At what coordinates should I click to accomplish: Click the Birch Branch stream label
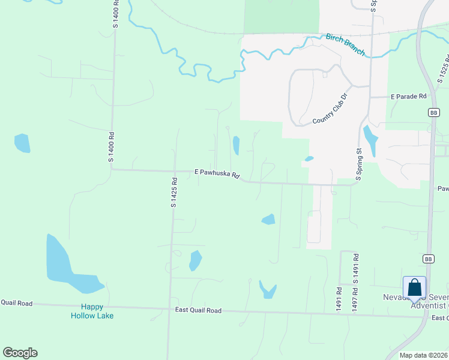click(345, 45)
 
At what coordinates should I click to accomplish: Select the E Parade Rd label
click(408, 96)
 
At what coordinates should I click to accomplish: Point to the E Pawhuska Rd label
click(217, 173)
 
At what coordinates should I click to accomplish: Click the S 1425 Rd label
click(174, 193)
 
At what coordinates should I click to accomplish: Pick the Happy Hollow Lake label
click(92, 311)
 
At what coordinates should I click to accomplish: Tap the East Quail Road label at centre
click(198, 310)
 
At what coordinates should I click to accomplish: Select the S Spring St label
click(360, 164)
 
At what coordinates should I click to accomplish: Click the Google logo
click(20, 353)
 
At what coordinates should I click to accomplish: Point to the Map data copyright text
click(423, 355)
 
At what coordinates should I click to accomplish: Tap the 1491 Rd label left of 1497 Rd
click(339, 298)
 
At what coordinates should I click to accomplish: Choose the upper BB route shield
click(434, 112)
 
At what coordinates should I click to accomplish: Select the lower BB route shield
click(428, 259)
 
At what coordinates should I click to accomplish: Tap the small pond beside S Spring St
click(371, 142)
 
